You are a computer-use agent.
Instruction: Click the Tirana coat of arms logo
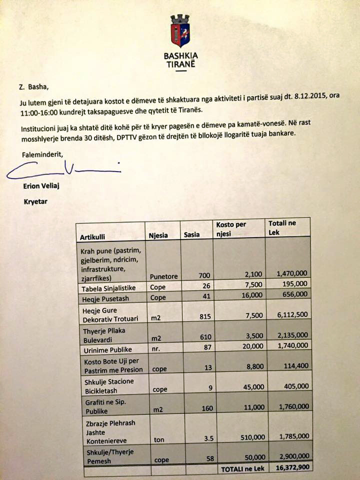[x=180, y=30]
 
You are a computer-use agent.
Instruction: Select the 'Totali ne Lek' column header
[x=282, y=227]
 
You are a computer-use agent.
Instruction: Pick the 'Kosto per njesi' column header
[x=231, y=228]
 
